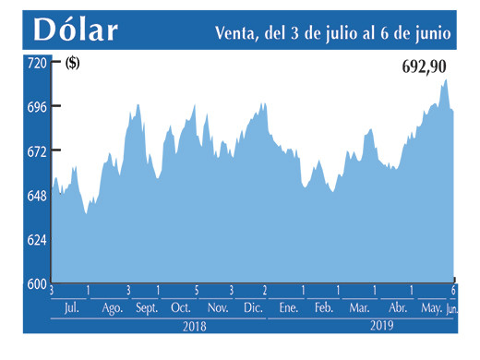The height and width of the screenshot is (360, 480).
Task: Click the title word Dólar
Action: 76,30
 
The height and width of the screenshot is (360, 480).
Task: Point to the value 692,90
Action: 426,66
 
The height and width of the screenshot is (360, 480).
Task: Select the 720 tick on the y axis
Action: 36,63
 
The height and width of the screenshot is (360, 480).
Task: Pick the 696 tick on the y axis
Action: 36,107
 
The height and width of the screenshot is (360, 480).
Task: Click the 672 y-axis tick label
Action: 36,151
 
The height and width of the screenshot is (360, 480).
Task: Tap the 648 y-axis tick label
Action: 36,196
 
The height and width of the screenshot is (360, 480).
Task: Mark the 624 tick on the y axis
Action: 36,240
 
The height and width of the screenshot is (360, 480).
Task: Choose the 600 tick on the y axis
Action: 36,283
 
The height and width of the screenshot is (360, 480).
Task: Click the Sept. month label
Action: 147,308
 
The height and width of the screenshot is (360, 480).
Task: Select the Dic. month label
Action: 252,308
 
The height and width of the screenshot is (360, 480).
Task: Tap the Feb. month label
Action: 322,308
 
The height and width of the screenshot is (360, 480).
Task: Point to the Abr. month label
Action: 398,308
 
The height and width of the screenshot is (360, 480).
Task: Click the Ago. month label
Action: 113,308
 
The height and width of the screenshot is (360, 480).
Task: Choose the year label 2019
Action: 381,326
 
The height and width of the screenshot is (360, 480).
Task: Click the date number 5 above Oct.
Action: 197,290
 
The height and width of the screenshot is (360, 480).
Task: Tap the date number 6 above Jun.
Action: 453,290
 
